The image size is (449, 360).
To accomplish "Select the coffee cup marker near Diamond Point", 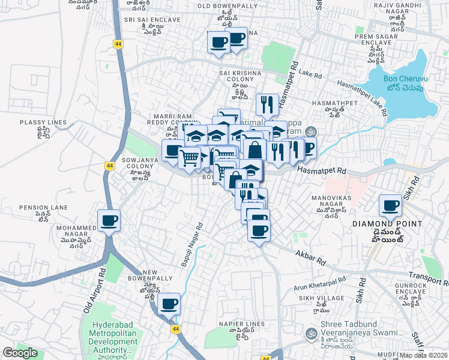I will [390, 206].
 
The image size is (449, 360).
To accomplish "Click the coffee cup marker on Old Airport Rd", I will [109, 221].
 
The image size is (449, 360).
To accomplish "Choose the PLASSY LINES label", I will [43, 122].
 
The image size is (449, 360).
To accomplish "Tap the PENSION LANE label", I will [41, 207].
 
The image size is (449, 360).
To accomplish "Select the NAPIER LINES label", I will [242, 324].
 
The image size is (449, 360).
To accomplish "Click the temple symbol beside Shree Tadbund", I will [310, 333].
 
